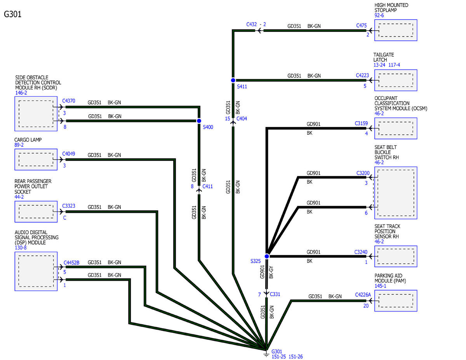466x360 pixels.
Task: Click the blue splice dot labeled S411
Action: [233, 80]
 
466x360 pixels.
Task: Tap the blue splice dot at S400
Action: [199, 121]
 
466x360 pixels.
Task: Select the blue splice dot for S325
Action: [266, 256]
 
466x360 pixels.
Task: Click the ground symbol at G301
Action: [266, 354]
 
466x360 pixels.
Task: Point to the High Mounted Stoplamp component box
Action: [395, 30]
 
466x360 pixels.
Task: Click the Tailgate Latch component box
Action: [395, 80]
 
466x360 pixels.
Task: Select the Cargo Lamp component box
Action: [36, 160]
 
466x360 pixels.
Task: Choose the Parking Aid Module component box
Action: [395, 301]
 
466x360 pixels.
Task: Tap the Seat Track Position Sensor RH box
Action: [395, 256]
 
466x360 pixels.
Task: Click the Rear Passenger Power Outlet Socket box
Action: [36, 212]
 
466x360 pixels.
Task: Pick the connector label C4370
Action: [69, 101]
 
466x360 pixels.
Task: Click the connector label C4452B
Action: [71, 263]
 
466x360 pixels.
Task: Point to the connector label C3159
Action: [361, 123]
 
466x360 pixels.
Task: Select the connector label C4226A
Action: [363, 295]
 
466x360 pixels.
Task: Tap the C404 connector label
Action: [242, 118]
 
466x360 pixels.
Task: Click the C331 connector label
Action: [275, 294]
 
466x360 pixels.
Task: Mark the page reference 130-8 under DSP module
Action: [21, 248]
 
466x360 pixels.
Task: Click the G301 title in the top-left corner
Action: [13, 14]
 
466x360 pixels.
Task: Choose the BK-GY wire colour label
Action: [271, 272]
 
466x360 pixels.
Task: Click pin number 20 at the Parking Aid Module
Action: [366, 306]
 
